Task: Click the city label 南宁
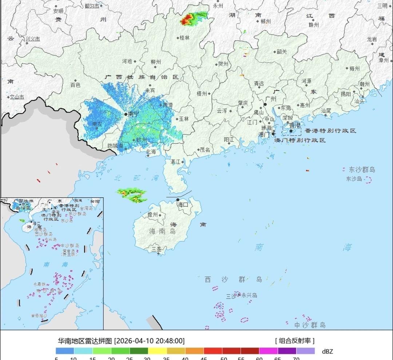click(134, 114)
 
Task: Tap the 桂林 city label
click(185, 38)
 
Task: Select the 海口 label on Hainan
click(183, 205)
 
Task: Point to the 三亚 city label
click(157, 249)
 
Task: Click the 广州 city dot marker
click(266, 105)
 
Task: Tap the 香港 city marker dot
click(291, 131)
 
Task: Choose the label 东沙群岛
click(362, 170)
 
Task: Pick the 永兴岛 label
click(249, 296)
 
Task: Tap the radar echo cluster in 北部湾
click(132, 195)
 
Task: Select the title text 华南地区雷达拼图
click(85, 341)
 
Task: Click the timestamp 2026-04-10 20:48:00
click(150, 341)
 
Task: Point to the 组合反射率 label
click(295, 341)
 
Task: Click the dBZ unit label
click(327, 351)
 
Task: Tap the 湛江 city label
click(175, 162)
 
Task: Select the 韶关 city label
click(282, 52)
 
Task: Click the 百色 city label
click(75, 85)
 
